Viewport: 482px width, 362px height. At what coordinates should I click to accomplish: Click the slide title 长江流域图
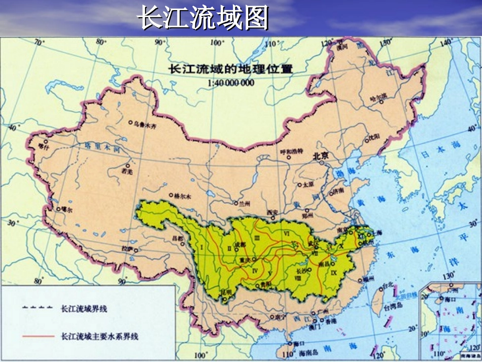coord(203,19)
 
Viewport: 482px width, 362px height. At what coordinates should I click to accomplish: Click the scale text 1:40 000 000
coord(231,83)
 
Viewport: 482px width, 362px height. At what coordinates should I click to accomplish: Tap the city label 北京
coord(321,156)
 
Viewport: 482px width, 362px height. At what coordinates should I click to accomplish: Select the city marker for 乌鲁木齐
coord(130,122)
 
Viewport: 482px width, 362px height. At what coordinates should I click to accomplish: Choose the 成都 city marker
coord(235,245)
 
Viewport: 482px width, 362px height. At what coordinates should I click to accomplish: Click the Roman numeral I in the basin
coord(202,247)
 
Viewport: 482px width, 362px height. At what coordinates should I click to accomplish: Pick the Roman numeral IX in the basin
coord(333,273)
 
